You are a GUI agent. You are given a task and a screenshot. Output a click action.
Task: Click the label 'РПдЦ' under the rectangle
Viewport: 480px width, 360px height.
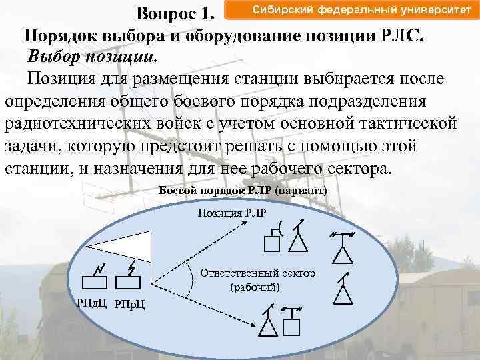(x=93, y=303)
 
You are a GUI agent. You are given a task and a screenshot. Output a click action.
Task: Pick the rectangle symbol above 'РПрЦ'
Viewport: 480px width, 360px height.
(x=128, y=283)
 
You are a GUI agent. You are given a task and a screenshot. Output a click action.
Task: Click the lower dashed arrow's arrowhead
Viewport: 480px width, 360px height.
(x=255, y=323)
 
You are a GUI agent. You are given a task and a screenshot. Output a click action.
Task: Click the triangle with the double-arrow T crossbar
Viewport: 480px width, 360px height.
(x=343, y=250)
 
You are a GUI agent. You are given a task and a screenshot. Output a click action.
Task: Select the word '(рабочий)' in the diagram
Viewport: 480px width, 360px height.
(x=255, y=287)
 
